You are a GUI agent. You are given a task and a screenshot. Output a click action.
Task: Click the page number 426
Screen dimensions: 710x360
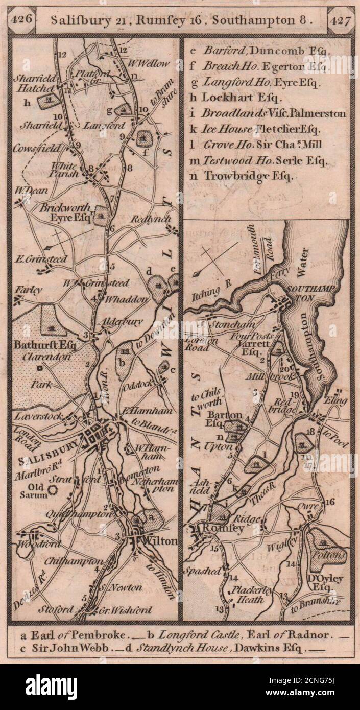[24, 18]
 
